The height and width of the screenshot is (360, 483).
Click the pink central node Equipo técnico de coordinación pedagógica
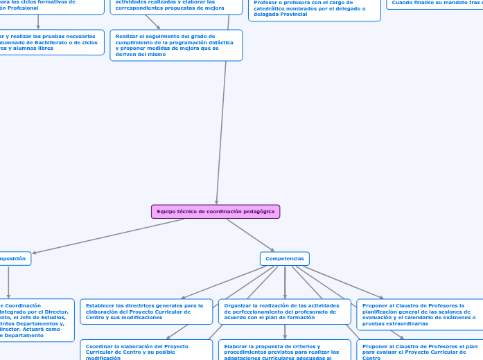tap(216, 211)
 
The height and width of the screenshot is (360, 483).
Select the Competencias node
tap(285, 258)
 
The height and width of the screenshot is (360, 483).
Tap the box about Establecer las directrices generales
tap(146, 312)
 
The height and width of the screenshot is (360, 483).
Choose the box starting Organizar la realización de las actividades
tap(285, 312)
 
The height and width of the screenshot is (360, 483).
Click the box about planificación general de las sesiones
tap(420, 314)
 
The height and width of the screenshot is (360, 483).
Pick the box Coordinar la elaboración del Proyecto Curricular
tap(146, 350)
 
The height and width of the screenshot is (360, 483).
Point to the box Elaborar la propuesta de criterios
tap(285, 350)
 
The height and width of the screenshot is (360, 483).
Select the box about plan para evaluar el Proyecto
tap(420, 350)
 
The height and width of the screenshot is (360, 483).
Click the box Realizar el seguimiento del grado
tap(176, 45)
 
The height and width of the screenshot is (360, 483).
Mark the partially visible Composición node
tap(14, 258)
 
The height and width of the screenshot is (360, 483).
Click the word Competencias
tap(285, 258)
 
